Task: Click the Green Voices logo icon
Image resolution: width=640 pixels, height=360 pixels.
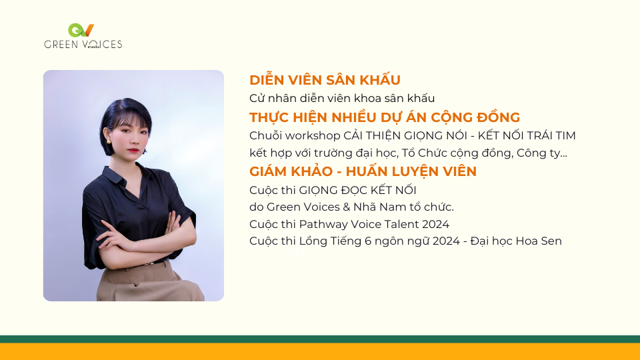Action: [x=81, y=30]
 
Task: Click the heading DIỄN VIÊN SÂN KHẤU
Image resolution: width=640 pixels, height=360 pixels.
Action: [x=325, y=79]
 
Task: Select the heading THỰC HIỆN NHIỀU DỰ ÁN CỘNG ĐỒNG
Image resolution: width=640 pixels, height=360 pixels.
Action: [x=385, y=117]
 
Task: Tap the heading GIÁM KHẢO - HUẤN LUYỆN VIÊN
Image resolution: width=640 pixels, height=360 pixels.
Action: [x=363, y=171]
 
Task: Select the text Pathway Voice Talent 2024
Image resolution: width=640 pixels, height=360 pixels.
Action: [x=374, y=225]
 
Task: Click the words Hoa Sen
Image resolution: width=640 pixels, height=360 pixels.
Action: [x=539, y=241]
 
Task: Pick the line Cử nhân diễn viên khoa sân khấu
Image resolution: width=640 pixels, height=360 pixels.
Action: [x=342, y=99]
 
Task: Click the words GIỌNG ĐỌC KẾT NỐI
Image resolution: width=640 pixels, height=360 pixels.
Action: [x=357, y=190]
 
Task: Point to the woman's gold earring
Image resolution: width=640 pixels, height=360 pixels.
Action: [x=109, y=141]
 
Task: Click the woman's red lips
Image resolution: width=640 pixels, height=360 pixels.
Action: [x=133, y=150]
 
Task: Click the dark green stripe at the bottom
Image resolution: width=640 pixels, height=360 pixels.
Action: [x=320, y=339]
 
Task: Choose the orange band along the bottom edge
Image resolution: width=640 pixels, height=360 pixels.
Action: [x=320, y=351]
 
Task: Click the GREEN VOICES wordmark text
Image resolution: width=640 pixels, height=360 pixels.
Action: [x=83, y=44]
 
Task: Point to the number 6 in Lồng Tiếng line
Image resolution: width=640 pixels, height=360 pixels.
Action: [x=368, y=241]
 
